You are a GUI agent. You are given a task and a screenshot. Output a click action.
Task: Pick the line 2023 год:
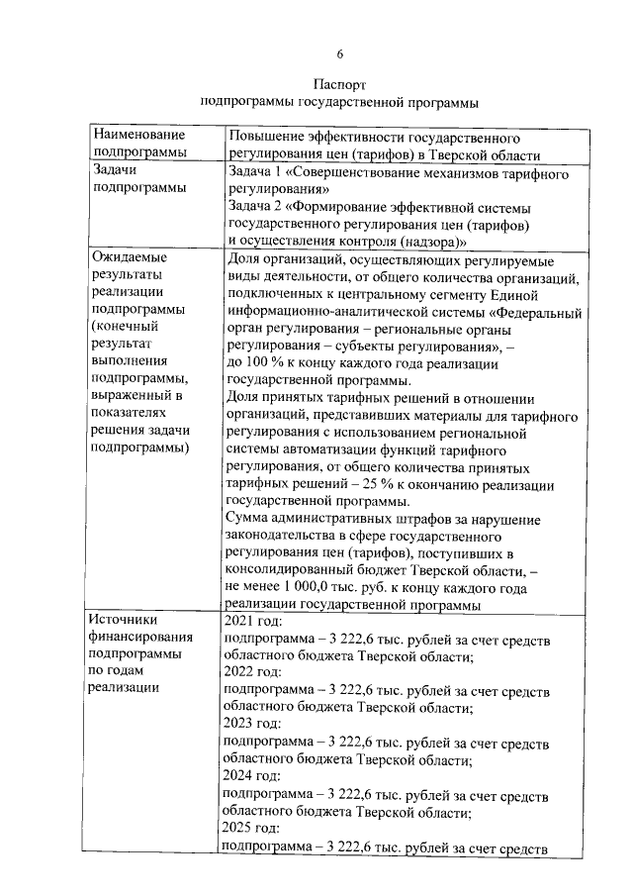(255, 725)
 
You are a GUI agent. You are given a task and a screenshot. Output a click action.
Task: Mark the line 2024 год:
(255, 776)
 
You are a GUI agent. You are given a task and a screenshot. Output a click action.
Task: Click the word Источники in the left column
(126, 620)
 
